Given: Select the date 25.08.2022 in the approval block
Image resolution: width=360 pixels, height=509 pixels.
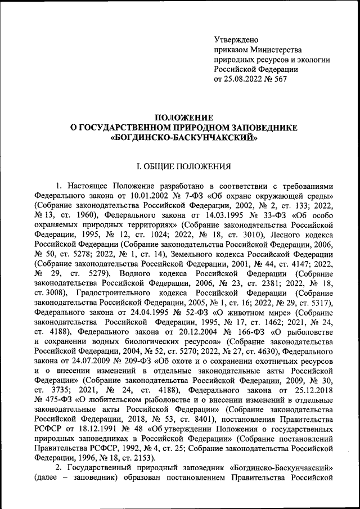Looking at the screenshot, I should click(x=244, y=79).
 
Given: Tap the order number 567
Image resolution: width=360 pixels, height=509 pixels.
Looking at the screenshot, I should click(x=281, y=79).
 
